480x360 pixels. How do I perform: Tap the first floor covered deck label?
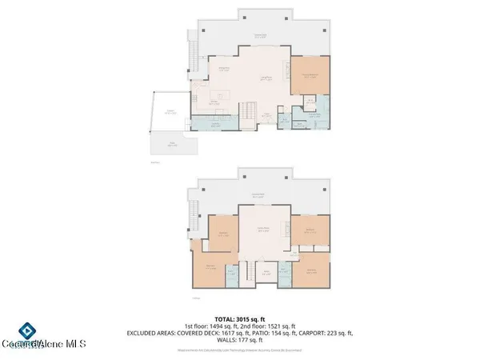tap(260, 35)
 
